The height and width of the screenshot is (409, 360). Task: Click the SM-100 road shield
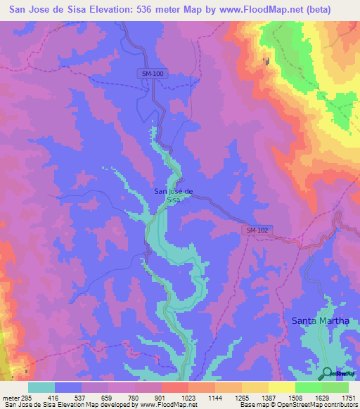pyautogui.click(x=150, y=74)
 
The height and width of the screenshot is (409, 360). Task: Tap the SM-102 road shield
pyautogui.click(x=257, y=230)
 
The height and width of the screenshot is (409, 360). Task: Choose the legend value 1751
pyautogui.click(x=349, y=397)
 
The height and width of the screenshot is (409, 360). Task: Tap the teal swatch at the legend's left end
pyautogui.click(x=41, y=387)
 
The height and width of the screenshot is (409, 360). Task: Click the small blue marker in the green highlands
pyautogui.click(x=266, y=61)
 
